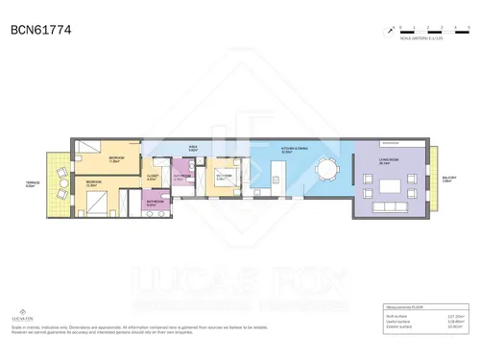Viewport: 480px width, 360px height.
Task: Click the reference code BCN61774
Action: point(39,31)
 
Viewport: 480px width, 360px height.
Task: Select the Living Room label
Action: point(388,161)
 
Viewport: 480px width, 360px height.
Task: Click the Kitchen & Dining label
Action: point(294,150)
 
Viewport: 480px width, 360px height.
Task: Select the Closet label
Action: point(152,177)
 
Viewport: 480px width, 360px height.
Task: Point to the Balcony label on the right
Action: point(449,178)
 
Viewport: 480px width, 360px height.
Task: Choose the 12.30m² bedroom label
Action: point(94,182)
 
